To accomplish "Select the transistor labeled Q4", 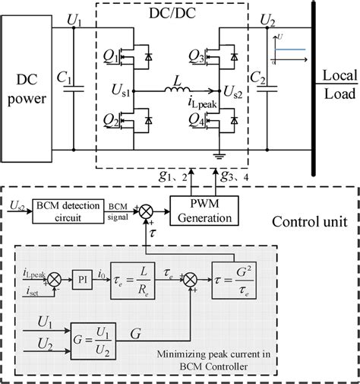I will click(x=231, y=119).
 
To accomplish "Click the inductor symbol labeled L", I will click(x=178, y=92).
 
